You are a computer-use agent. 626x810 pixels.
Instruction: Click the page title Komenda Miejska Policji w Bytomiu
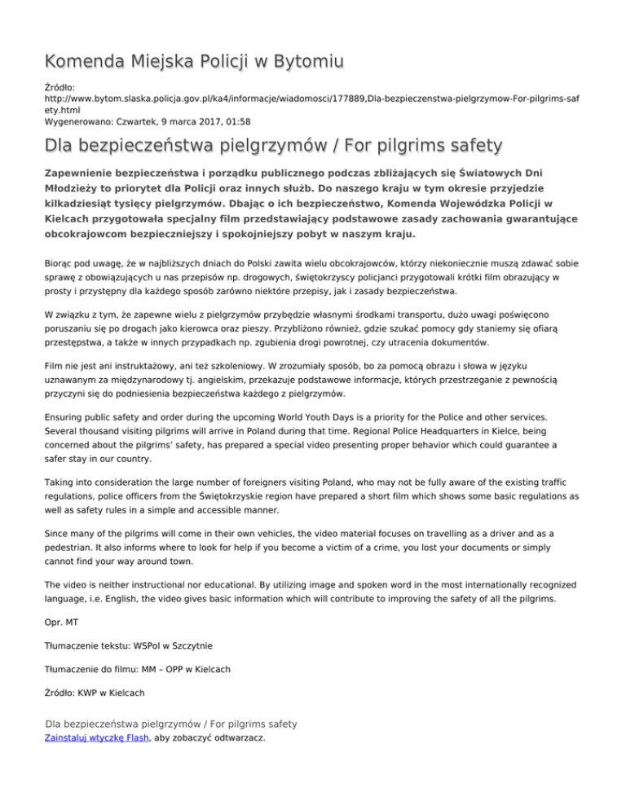click(193, 61)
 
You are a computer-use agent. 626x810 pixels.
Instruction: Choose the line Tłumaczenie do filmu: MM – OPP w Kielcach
click(138, 669)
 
